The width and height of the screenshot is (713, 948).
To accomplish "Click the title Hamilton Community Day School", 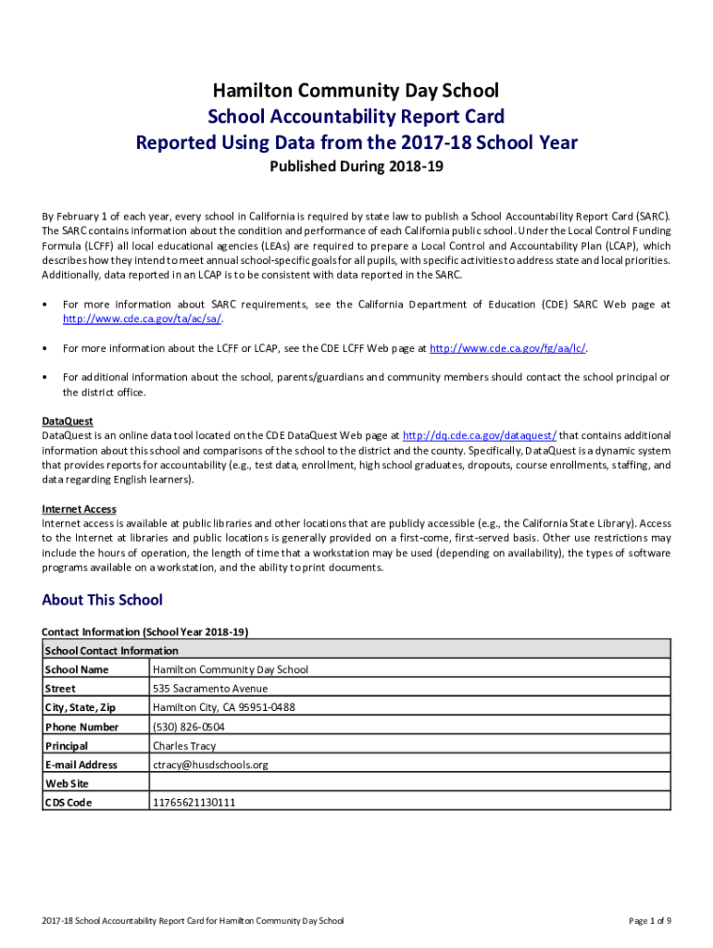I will tap(356, 91).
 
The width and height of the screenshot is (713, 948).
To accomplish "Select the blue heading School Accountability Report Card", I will tap(356, 117).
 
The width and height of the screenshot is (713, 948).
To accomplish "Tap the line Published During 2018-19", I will tap(356, 168).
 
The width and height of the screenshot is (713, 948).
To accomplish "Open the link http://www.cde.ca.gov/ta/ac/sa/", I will tap(142, 318).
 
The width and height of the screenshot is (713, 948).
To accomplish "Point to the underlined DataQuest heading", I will tap(68, 421).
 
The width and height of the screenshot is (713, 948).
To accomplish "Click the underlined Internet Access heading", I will tap(79, 509).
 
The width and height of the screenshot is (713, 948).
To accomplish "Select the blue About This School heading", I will tap(102, 600).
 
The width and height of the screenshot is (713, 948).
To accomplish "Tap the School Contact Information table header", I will tap(111, 650).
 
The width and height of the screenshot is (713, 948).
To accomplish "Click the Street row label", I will tap(60, 689).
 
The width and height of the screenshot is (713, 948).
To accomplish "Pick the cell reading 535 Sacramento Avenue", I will tap(210, 689).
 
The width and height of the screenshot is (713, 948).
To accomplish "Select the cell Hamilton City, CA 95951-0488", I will tap(224, 707).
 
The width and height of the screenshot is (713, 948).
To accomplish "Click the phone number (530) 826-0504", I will tap(188, 727).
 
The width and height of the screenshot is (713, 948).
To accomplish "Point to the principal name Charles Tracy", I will tap(184, 745).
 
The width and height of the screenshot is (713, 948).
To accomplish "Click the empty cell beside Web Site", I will tap(407, 783).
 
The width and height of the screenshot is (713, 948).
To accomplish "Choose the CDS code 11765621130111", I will tap(194, 803).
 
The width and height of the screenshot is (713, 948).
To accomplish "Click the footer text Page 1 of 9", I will tap(649, 921).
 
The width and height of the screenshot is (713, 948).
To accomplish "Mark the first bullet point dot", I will tap(45, 305).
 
